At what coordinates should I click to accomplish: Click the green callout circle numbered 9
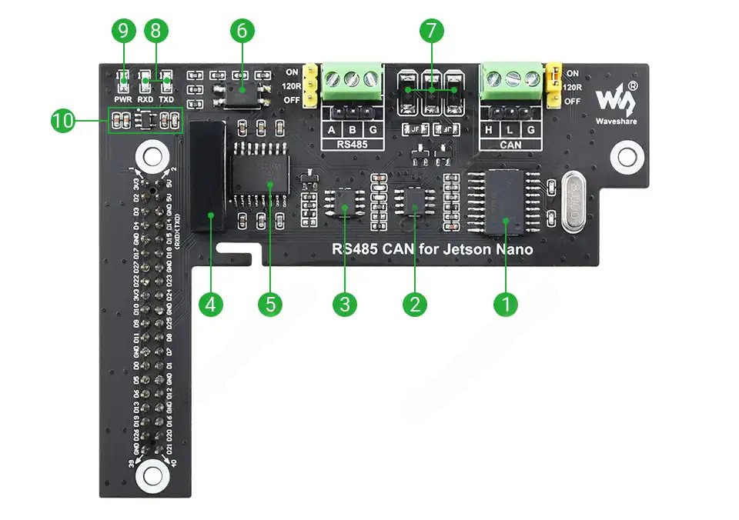[x=123, y=32]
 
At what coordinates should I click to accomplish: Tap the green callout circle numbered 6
[x=241, y=32]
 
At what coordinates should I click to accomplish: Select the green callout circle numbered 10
[x=64, y=121]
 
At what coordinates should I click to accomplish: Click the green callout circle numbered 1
[x=506, y=304]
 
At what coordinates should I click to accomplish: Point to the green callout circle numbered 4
[x=211, y=304]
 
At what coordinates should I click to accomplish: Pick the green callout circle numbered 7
[x=431, y=32]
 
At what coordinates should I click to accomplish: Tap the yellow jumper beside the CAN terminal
[x=553, y=84]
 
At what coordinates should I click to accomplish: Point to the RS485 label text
[x=352, y=144]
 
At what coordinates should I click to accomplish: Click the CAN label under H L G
[x=510, y=144]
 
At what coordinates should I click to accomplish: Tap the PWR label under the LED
[x=123, y=99]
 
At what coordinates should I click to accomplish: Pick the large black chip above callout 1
[x=505, y=202]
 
